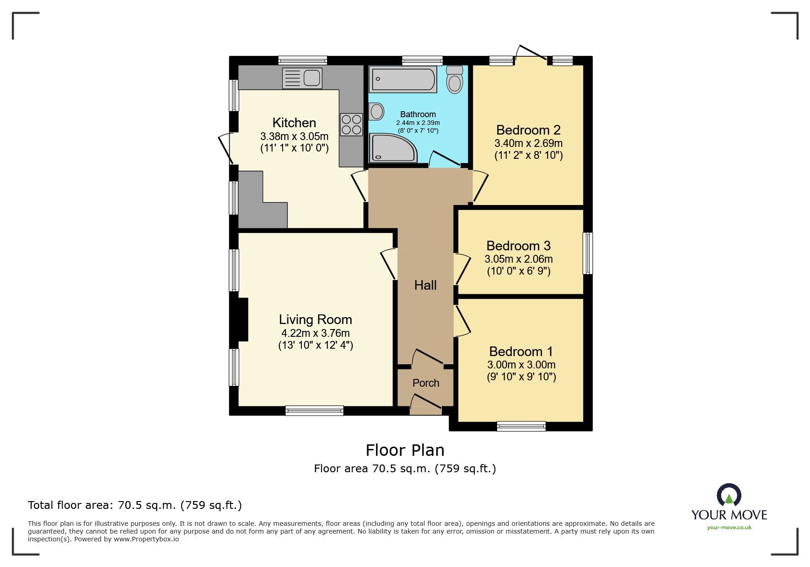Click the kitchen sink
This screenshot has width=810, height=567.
[302, 78]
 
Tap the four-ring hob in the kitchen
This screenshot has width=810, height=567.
[351, 124]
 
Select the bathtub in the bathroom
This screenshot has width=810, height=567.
[403, 80]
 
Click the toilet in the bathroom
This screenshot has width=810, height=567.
[455, 80]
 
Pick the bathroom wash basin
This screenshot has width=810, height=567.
[376, 111]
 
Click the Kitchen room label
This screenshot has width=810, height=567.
[294, 123]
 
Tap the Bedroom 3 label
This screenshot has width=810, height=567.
[518, 246]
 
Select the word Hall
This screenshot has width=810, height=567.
[425, 285]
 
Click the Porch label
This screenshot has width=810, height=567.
[426, 383]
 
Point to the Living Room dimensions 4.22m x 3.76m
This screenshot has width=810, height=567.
[316, 333]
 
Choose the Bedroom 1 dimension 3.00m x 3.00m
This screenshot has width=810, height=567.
[521, 365]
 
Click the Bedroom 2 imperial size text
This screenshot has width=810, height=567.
[529, 155]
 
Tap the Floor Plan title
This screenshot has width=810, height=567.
[405, 450]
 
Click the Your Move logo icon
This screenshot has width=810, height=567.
[729, 495]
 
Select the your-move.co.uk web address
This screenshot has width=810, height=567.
[729, 528]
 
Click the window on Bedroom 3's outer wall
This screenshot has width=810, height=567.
[588, 254]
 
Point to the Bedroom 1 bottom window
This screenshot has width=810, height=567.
[521, 426]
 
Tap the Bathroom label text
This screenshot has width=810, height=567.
[418, 114]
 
